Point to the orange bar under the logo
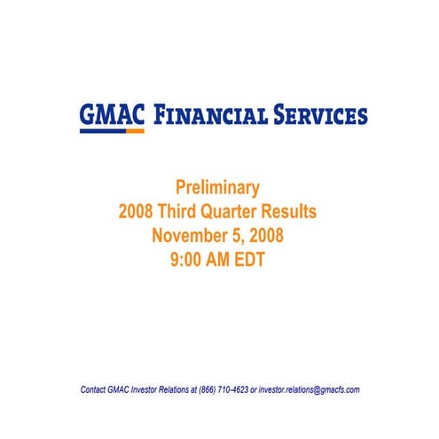135,131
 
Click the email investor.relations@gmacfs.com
309,389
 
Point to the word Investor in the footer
151,389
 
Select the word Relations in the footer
184,389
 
